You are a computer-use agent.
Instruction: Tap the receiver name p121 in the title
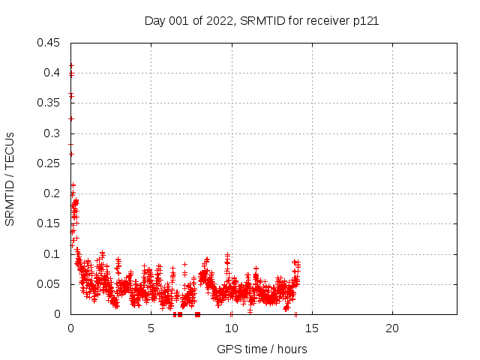pyautogui.click(x=364, y=21)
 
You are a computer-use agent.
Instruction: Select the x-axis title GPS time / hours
pyautogui.click(x=262, y=349)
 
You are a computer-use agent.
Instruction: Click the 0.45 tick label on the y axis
pyautogui.click(x=49, y=43)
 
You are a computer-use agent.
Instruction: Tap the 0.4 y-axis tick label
pyautogui.click(x=52, y=73)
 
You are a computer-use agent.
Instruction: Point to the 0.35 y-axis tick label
pyautogui.click(x=49, y=103)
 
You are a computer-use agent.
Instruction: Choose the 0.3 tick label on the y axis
pyautogui.click(x=52, y=133)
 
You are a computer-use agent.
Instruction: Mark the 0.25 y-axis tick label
pyautogui.click(x=49, y=163)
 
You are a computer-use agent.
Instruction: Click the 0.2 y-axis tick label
pyautogui.click(x=52, y=193)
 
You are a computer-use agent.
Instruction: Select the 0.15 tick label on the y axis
pyautogui.click(x=49, y=223)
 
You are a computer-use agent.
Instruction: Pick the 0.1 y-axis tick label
pyautogui.click(x=52, y=254)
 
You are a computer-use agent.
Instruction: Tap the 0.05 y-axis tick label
pyautogui.click(x=49, y=284)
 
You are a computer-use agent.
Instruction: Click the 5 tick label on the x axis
pyautogui.click(x=151, y=328)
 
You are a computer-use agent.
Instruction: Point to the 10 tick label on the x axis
pyautogui.click(x=231, y=328)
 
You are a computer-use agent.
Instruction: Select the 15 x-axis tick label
pyautogui.click(x=311, y=328)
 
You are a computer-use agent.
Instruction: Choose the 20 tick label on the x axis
pyautogui.click(x=391, y=328)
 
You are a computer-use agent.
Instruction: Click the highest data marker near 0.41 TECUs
pyautogui.click(x=71, y=66)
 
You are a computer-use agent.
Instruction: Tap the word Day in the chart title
pyautogui.click(x=155, y=21)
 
